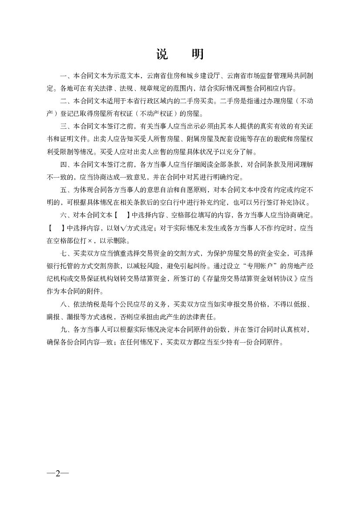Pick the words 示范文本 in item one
pos(124,76)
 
